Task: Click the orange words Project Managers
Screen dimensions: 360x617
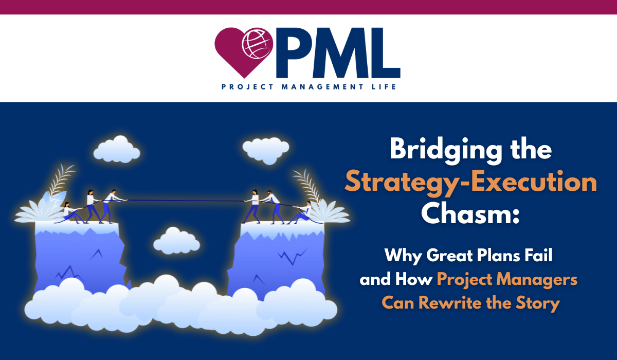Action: (x=507, y=280)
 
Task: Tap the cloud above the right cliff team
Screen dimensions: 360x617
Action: (x=266, y=149)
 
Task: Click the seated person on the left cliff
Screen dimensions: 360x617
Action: (x=69, y=212)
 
